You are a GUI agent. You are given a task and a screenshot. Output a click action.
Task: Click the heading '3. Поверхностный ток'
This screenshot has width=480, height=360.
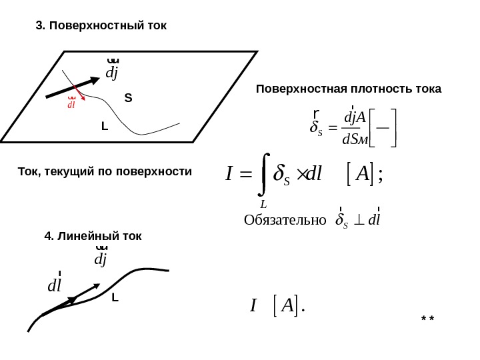click(101, 26)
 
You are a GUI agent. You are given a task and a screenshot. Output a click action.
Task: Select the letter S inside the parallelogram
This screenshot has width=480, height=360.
click(128, 98)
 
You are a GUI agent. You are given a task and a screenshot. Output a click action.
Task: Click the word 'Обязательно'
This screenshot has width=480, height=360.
click(285, 221)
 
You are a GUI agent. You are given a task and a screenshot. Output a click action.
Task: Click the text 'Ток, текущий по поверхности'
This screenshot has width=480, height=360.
click(104, 172)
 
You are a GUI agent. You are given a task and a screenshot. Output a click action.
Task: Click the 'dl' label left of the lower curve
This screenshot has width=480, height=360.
click(55, 285)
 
